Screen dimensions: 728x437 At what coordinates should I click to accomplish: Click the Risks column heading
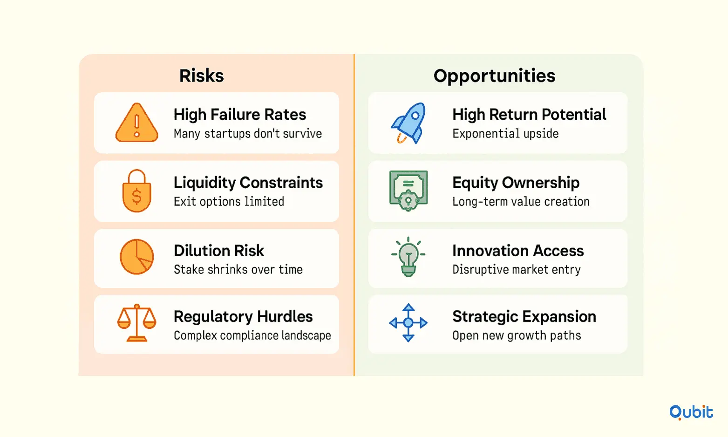point(202,76)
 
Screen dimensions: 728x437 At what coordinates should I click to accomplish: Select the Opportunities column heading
point(494,76)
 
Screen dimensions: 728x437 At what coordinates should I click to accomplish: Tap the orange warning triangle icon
point(137,123)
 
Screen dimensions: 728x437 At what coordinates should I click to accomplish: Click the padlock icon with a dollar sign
point(137,191)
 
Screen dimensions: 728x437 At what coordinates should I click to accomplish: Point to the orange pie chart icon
point(137,257)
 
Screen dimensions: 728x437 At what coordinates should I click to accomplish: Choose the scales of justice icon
point(137,322)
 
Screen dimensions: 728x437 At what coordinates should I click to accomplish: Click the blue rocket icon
point(408,123)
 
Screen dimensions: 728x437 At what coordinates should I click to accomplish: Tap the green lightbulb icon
point(408,257)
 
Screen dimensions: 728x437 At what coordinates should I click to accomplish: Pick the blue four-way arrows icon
point(408,322)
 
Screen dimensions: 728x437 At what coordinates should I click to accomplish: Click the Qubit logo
point(691,412)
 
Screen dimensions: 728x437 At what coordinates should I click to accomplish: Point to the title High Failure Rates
point(240,115)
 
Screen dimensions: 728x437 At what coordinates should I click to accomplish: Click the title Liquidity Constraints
point(248,183)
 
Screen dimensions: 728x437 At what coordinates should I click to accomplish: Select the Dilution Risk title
point(219,251)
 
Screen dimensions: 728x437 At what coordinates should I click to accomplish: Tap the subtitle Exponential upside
point(505,134)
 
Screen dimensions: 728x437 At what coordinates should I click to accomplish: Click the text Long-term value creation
point(521,202)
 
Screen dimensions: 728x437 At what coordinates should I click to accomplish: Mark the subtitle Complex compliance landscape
point(252,335)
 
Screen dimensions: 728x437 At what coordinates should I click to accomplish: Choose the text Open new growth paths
point(517,335)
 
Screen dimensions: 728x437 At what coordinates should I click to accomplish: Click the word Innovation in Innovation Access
point(489,251)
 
